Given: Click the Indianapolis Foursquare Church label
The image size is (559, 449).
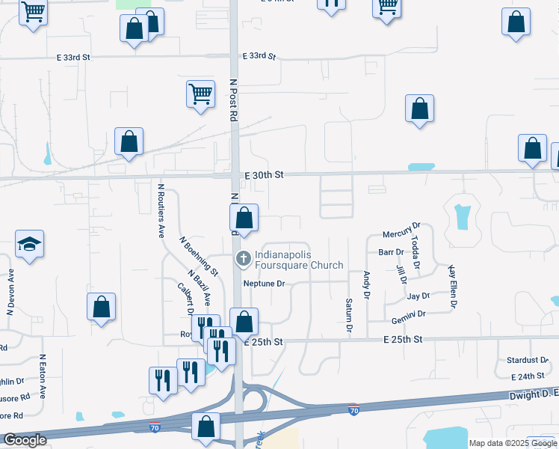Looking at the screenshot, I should click(299, 260).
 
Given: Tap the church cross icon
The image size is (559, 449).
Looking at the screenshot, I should click(243, 260).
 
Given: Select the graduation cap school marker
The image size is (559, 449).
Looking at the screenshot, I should click(29, 244).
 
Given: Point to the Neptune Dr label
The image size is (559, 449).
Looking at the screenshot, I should click(265, 284).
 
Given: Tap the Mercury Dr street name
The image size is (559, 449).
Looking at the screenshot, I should click(402, 224).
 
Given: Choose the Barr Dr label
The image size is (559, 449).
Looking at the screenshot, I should click(391, 252).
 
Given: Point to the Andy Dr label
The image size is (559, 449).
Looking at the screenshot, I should click(367, 285).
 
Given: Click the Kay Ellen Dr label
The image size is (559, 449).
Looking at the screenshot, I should click(451, 286).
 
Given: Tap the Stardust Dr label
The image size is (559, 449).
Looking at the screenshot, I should click(528, 360).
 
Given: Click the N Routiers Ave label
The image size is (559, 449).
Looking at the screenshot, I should click(161, 211).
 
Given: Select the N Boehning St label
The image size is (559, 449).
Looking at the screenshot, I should click(199, 255).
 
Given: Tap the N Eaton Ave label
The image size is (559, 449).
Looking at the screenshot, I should click(43, 376).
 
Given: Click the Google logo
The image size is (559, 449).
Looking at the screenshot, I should click(25, 440).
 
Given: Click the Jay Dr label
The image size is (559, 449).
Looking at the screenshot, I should click(419, 296).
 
